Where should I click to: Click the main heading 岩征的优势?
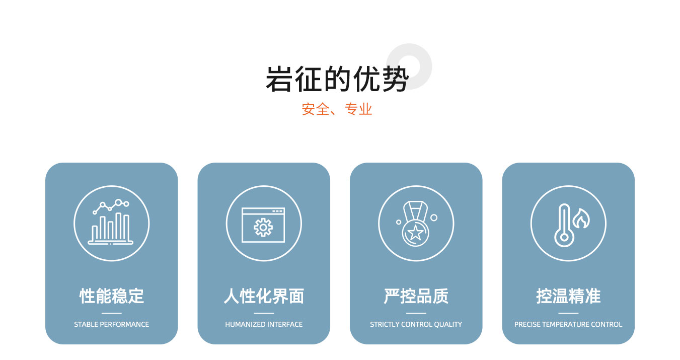[x=337, y=79]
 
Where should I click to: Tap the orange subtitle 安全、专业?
[x=337, y=109]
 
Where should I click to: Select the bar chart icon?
[x=111, y=222]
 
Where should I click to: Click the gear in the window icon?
[x=263, y=227]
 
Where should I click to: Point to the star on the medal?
[x=415, y=233]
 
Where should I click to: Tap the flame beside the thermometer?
[x=581, y=219]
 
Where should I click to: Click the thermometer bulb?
[x=564, y=237]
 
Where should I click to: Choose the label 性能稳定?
[x=111, y=296]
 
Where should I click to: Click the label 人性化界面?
[x=264, y=296]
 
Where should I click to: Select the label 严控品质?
[x=416, y=296]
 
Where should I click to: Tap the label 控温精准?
[x=568, y=296]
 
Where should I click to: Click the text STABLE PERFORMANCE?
[x=111, y=324]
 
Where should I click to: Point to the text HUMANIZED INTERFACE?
[x=264, y=324]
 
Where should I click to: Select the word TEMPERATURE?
[x=564, y=324]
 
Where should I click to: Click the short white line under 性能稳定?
[x=111, y=313]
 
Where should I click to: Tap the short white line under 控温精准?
[x=568, y=313]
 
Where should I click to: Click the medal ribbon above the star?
[x=415, y=211]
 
